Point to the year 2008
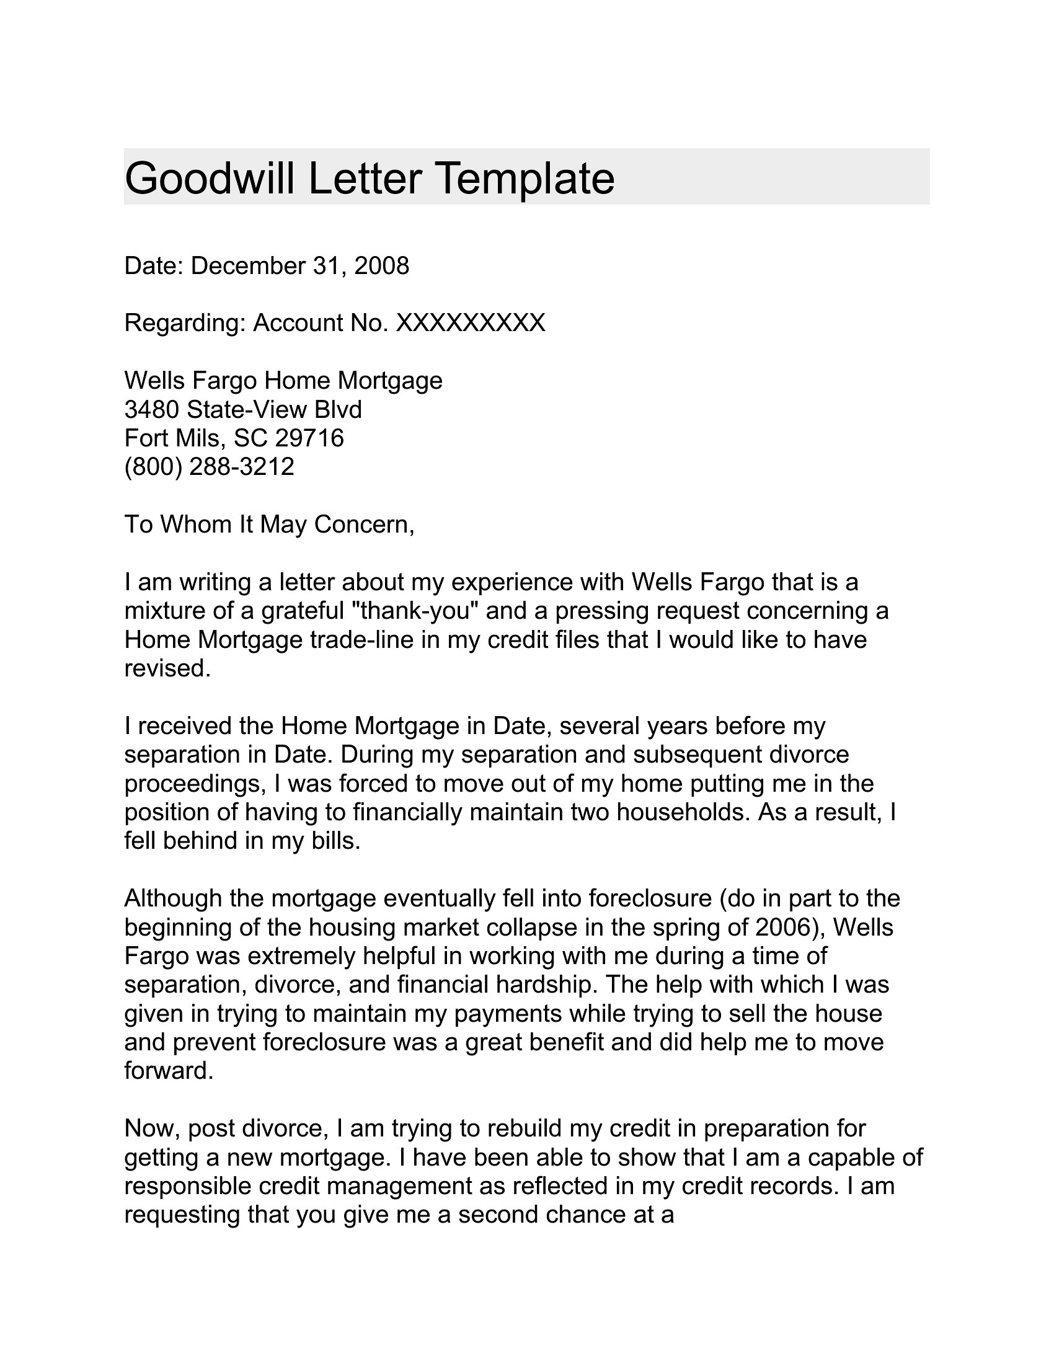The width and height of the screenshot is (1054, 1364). tap(381, 266)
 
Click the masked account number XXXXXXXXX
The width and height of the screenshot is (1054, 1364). tap(471, 323)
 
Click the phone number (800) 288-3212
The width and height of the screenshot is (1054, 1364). tap(209, 466)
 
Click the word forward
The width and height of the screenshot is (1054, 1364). tap(169, 1071)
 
